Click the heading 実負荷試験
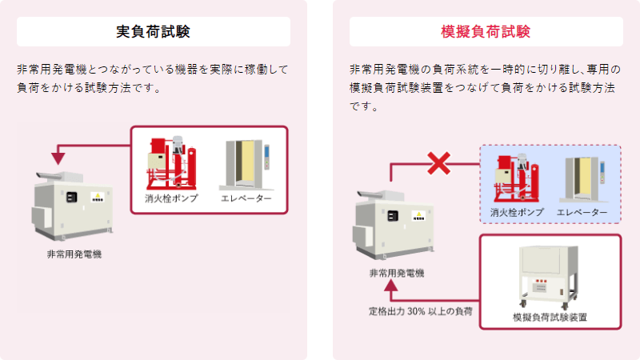(x=153, y=31)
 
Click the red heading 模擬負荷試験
(x=486, y=31)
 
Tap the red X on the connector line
(x=438, y=163)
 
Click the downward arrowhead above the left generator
(x=58, y=158)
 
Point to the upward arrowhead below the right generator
(x=391, y=286)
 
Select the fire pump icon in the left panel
(x=171, y=163)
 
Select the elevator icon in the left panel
(x=246, y=165)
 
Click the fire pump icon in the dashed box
(x=516, y=178)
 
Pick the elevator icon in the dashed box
(x=583, y=179)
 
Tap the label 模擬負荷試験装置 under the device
(x=550, y=317)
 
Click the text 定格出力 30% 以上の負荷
(x=421, y=311)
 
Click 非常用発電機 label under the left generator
(x=74, y=254)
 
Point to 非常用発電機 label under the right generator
(x=397, y=273)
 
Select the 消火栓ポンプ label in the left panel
(x=171, y=198)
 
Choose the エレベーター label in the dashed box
(x=582, y=212)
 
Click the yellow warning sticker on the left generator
(x=98, y=198)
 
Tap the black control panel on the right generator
(x=393, y=215)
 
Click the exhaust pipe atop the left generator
(x=49, y=176)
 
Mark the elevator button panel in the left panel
(x=267, y=157)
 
